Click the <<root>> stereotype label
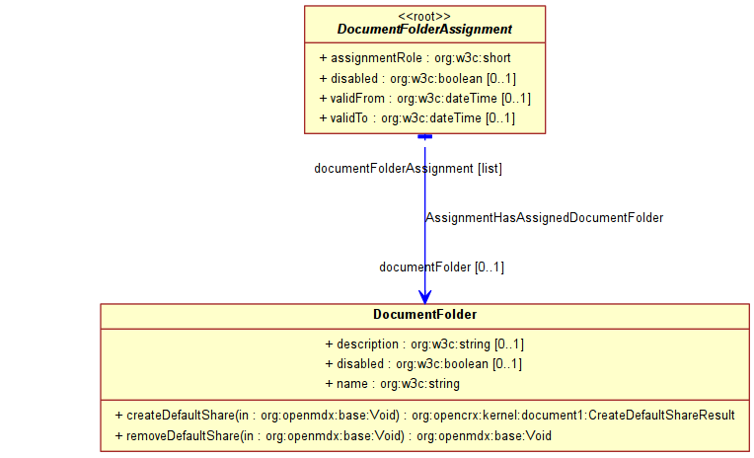424,16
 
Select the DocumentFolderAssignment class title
424,30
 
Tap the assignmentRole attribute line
415,58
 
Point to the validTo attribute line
416,118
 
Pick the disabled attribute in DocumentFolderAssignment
417,78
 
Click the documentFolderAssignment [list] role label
408,169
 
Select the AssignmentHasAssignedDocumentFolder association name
544,217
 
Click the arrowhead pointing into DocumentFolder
424,296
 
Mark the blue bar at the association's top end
424,136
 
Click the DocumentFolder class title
424,315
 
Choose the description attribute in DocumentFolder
424,344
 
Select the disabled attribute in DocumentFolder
423,364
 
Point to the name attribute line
392,384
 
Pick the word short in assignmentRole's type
494,58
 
